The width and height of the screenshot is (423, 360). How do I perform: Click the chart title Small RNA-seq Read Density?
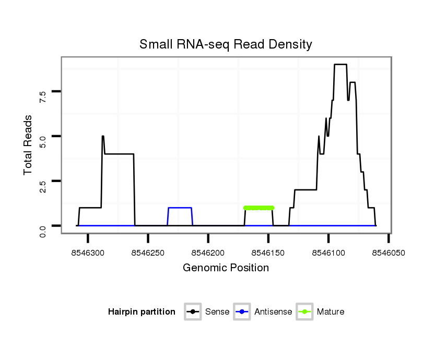pyautogui.click(x=226, y=44)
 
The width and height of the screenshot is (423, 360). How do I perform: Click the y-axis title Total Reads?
pyautogui.click(x=28, y=145)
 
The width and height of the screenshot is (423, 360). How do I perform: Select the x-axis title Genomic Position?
pyautogui.click(x=226, y=268)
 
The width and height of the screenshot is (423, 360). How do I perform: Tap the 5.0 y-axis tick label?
pyautogui.click(x=43, y=140)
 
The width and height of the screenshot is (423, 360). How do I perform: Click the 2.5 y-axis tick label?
pyautogui.click(x=43, y=185)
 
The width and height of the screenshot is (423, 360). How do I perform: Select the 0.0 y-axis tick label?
pyautogui.click(x=43, y=230)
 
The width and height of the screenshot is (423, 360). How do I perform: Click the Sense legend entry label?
pyautogui.click(x=217, y=312)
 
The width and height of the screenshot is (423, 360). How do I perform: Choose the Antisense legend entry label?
pyautogui.click(x=273, y=312)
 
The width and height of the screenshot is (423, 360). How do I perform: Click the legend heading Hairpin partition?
pyautogui.click(x=142, y=312)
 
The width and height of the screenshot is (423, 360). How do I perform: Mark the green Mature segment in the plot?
pyautogui.click(x=258, y=208)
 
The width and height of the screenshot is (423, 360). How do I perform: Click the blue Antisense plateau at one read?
pyautogui.click(x=180, y=208)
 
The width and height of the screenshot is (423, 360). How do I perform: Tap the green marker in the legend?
pyautogui.click(x=304, y=312)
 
